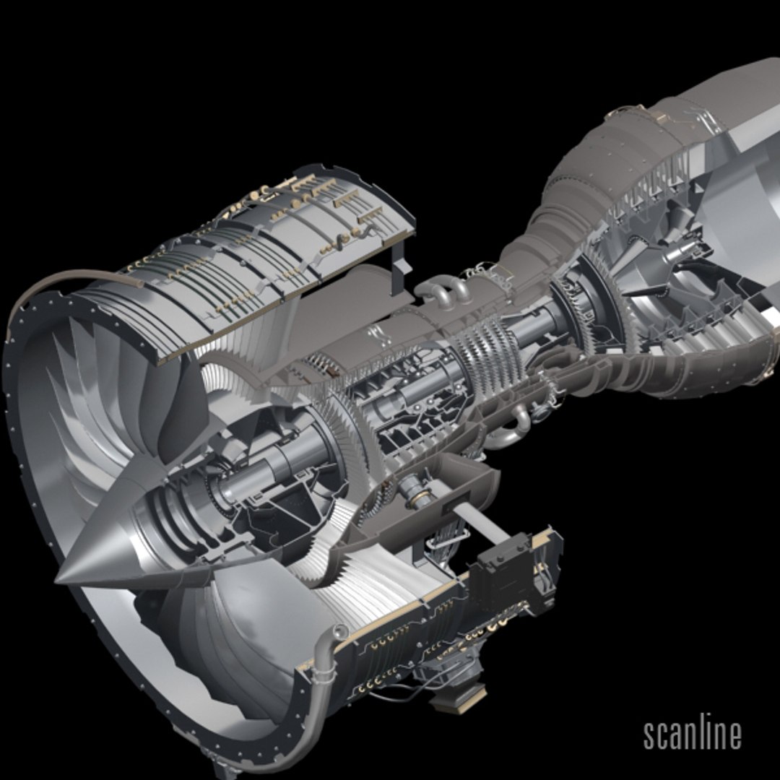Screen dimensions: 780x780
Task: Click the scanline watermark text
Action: coord(692,734)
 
